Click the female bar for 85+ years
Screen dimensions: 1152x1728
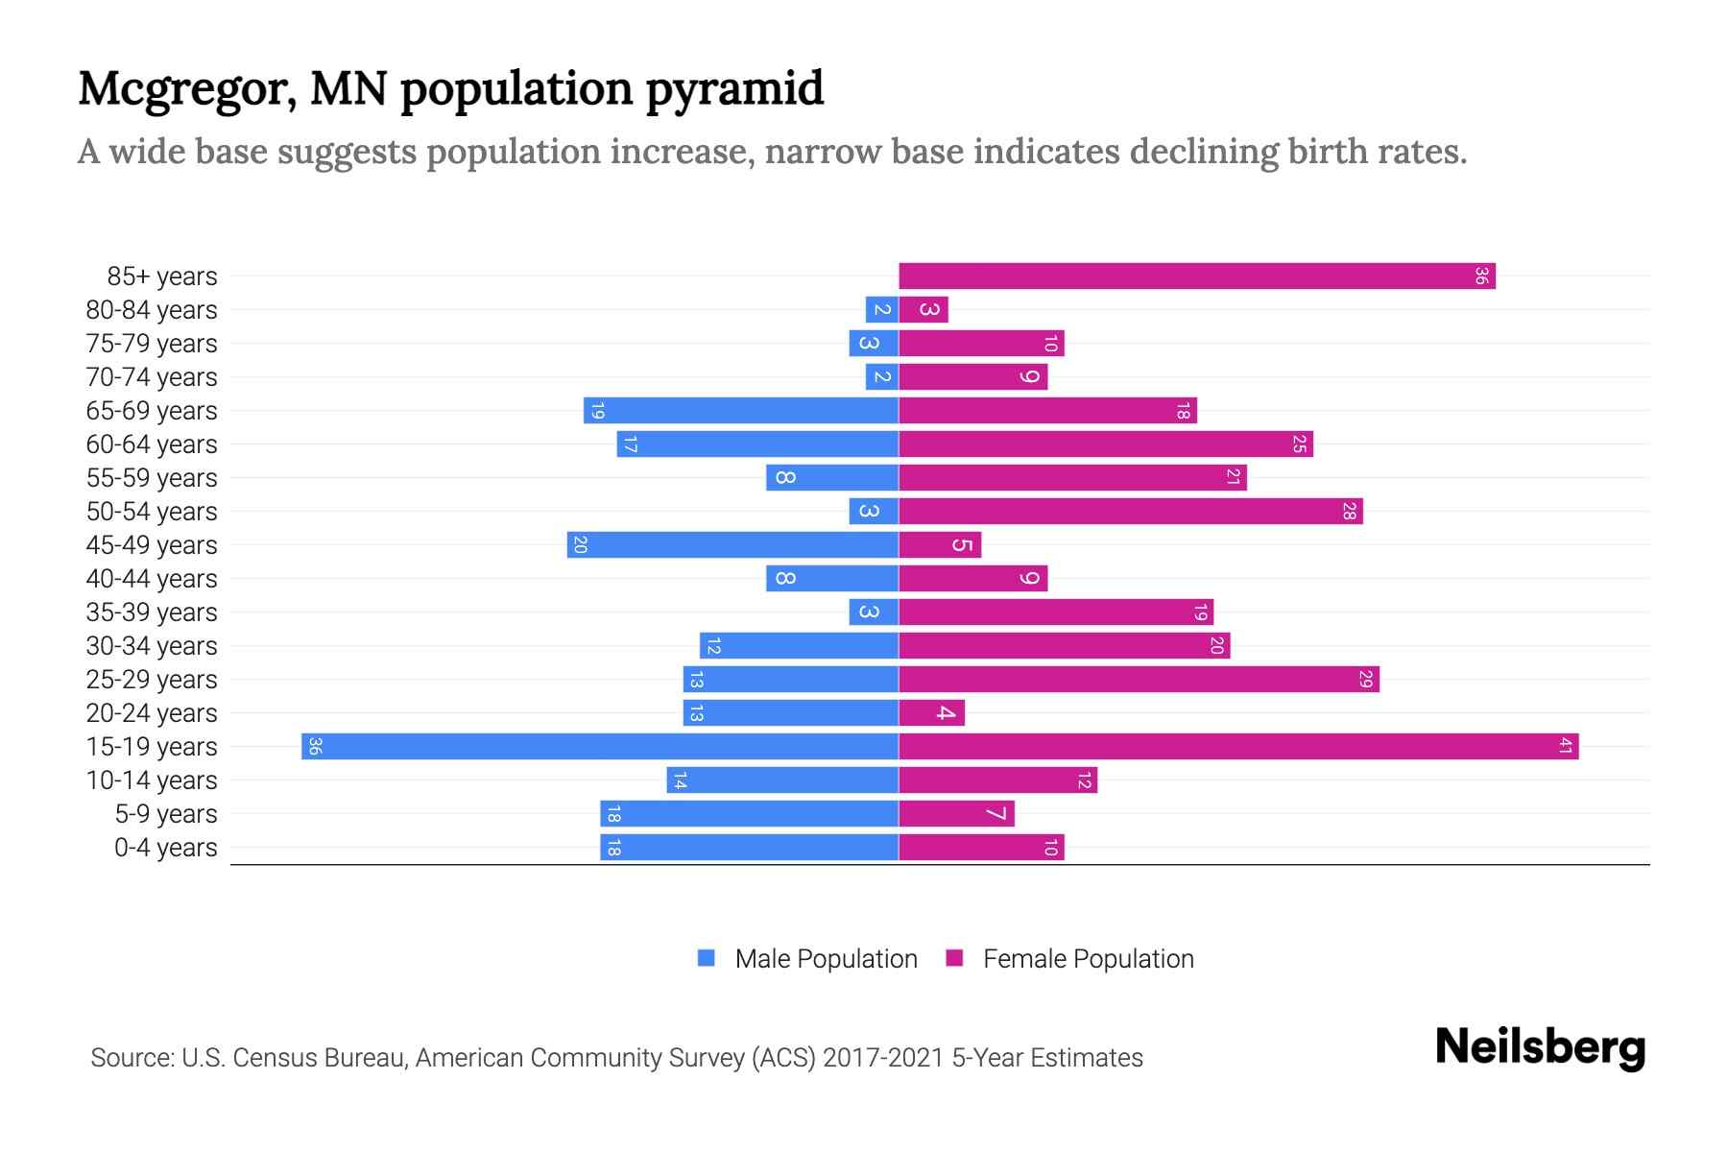coord(1196,276)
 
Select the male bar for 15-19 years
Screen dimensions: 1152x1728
coord(599,746)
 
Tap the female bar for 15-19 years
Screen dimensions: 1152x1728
coord(1238,746)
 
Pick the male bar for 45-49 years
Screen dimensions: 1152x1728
coord(732,544)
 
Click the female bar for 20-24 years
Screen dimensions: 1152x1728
coord(931,712)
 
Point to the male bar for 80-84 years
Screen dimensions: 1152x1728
coord(881,309)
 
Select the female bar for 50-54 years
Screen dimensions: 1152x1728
coord(1130,511)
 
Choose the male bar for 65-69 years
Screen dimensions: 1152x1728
coord(740,410)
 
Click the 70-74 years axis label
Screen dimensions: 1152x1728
coord(152,377)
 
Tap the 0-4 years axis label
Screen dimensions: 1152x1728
coord(165,848)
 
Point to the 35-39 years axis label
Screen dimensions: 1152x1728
coord(152,612)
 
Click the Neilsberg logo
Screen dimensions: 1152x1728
coord(1539,1046)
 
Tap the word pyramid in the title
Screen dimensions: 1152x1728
coord(734,89)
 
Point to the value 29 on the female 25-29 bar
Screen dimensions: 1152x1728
coord(1365,680)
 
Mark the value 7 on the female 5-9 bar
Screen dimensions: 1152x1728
coord(996,814)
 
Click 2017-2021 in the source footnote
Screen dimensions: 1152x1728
coord(883,1058)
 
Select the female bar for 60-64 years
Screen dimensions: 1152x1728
coord(1105,444)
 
